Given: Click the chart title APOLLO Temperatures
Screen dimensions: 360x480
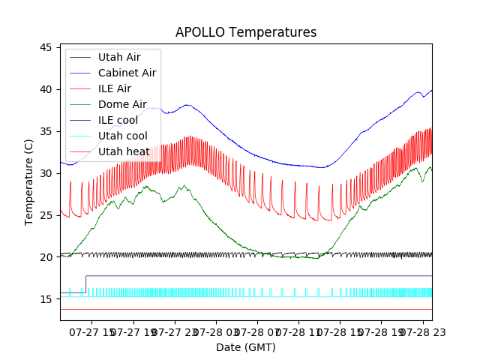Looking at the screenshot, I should click(x=246, y=32).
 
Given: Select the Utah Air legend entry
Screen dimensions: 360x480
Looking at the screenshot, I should click(x=119, y=57).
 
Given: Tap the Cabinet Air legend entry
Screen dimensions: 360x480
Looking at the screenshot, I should click(x=127, y=73).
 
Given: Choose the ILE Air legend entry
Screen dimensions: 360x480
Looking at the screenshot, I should click(x=115, y=88).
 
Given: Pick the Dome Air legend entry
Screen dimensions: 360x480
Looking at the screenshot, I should click(x=122, y=104).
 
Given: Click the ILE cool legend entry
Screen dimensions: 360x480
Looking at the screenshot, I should click(x=118, y=120).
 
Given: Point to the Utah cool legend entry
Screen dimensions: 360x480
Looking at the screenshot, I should click(x=122, y=136).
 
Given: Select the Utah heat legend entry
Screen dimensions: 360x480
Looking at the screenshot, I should click(x=124, y=151).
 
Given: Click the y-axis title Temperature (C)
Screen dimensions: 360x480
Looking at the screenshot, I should click(x=29, y=182).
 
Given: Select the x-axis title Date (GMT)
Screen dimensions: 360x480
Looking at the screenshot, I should click(x=246, y=347).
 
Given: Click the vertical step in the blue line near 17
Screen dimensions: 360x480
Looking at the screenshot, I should click(x=85, y=283).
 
